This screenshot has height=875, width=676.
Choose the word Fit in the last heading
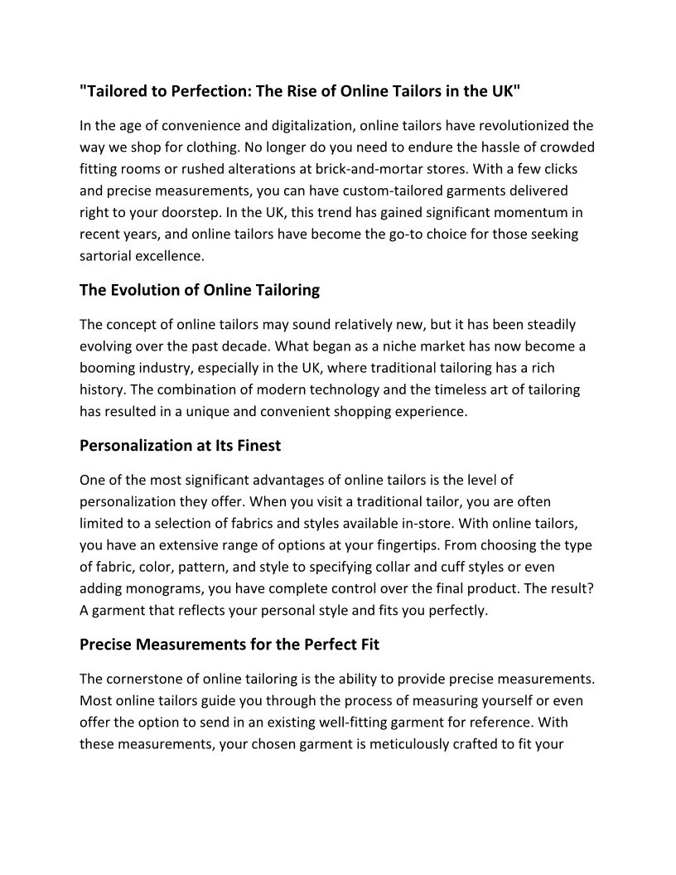(x=366, y=644)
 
